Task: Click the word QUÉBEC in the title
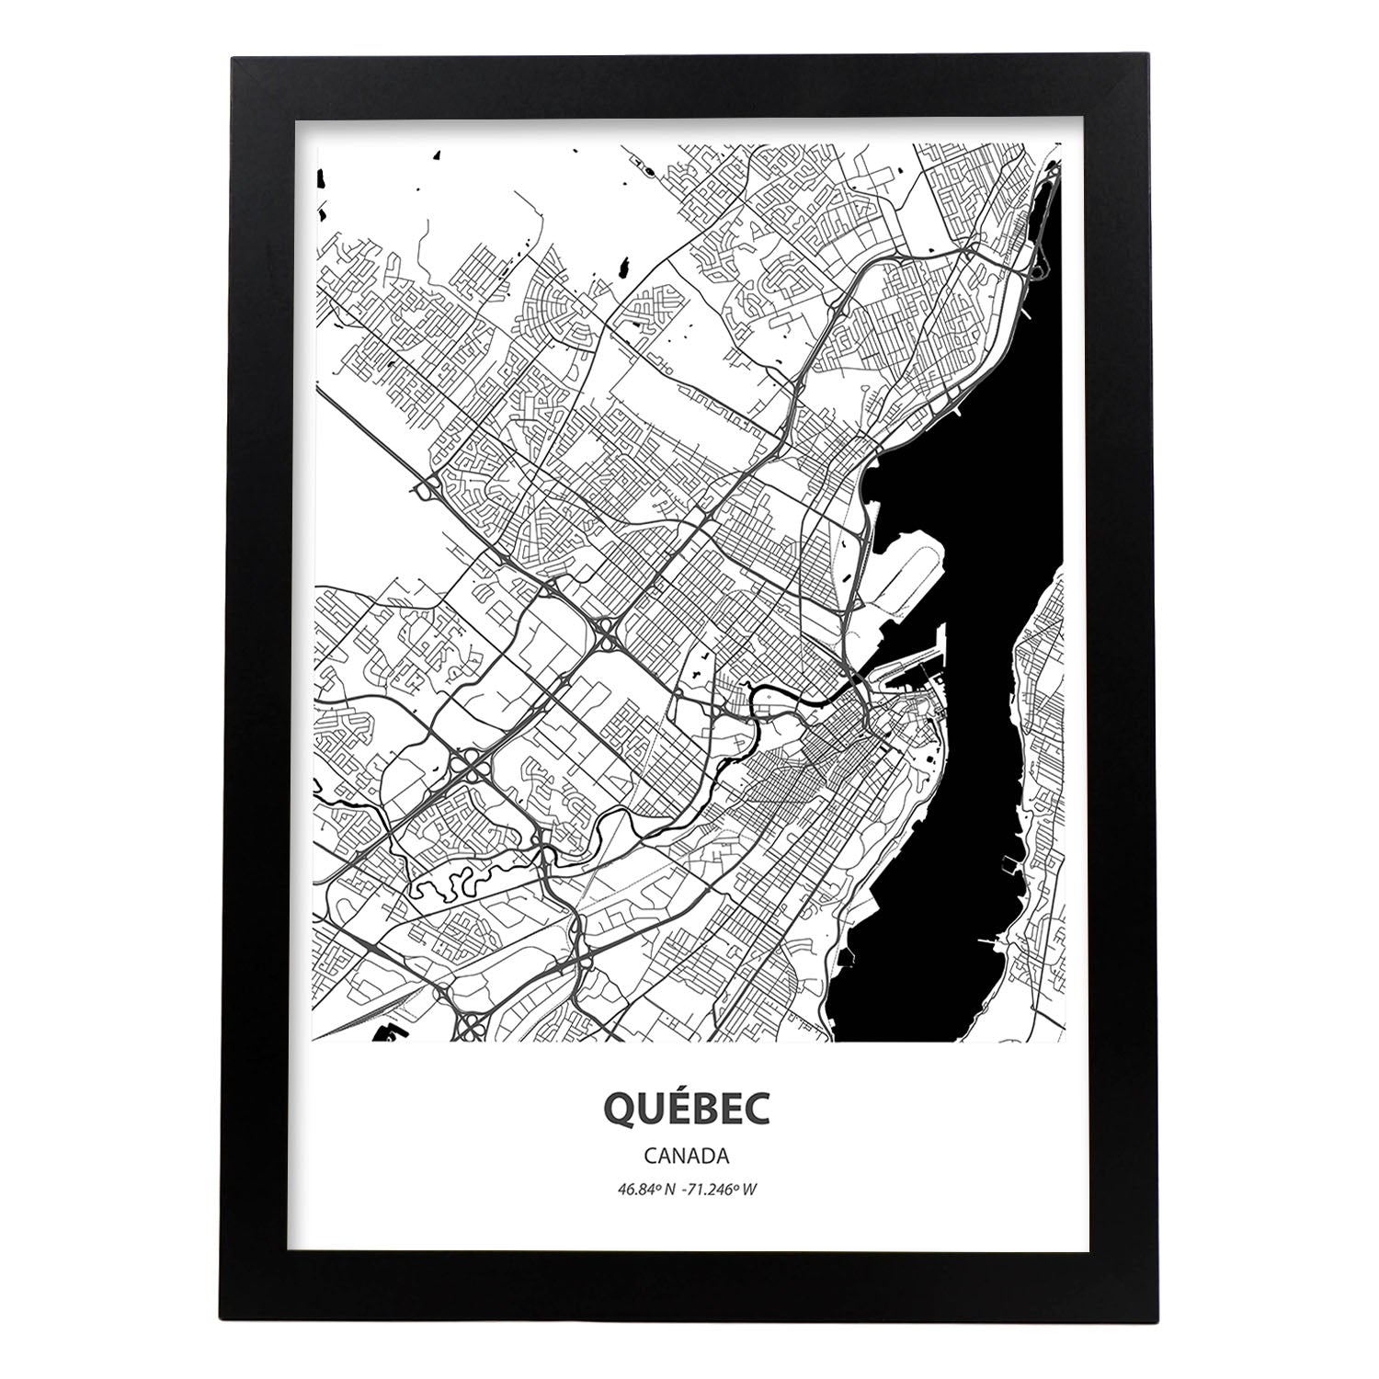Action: [x=689, y=1109]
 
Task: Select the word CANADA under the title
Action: [x=689, y=1155]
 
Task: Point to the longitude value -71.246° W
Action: [x=722, y=1189]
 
